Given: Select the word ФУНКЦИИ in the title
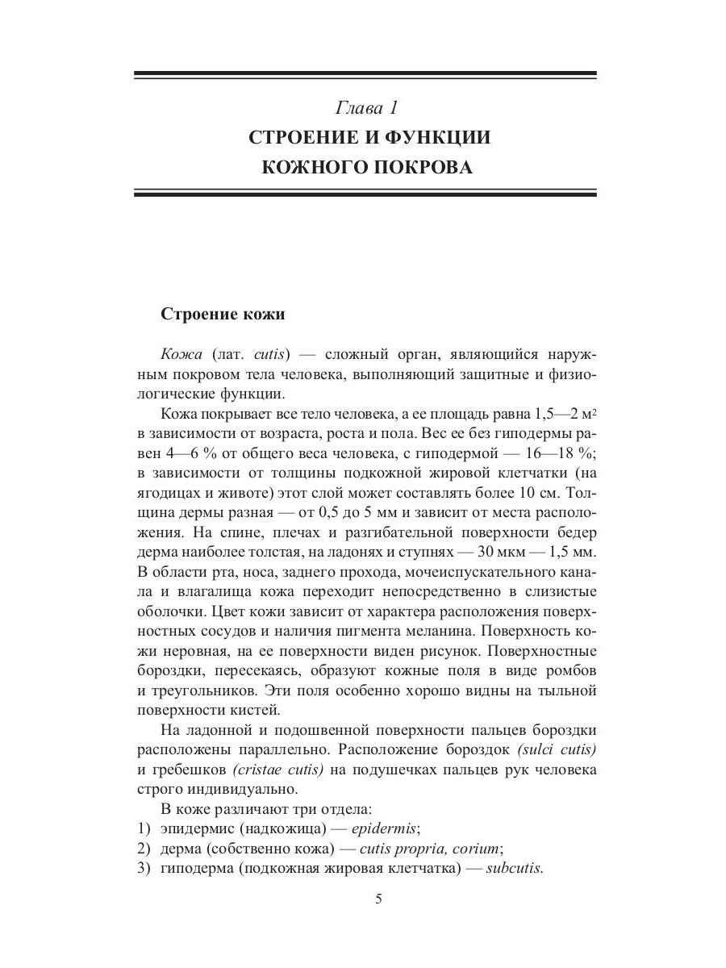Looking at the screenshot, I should click(431, 137).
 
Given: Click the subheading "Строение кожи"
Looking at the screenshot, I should click(223, 314).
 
